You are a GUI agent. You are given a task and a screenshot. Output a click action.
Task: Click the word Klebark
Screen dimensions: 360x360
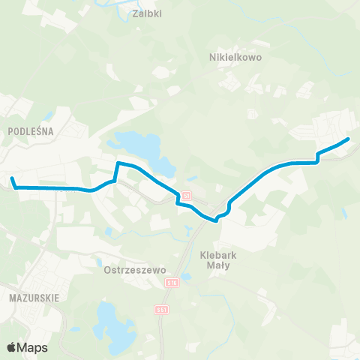tap(219, 255)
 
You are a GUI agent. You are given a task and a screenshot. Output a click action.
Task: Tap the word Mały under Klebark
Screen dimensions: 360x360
tap(219, 265)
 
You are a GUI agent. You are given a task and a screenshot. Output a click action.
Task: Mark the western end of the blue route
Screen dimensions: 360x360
tap(12, 178)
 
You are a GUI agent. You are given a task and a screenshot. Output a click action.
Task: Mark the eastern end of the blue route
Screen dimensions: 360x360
tap(349, 139)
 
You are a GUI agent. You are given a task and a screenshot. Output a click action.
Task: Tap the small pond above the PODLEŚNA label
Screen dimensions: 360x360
tap(49, 116)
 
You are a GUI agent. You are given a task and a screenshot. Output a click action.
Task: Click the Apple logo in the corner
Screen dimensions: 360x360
tap(11, 347)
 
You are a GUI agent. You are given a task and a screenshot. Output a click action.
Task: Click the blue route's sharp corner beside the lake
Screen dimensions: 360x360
tap(118, 162)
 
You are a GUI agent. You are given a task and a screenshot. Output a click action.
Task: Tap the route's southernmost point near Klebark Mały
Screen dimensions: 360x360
tap(216, 220)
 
